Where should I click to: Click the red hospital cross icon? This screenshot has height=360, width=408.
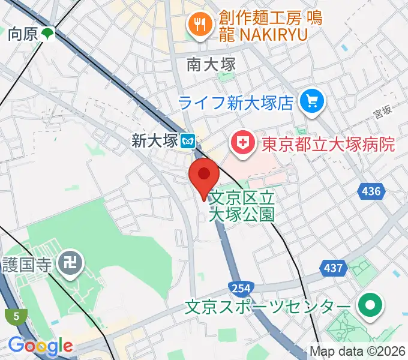[x=243, y=143]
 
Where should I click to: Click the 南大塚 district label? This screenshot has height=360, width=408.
[x=211, y=64]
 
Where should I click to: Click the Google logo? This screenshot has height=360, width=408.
[x=40, y=345]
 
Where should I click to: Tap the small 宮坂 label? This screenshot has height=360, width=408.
[x=382, y=110]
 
